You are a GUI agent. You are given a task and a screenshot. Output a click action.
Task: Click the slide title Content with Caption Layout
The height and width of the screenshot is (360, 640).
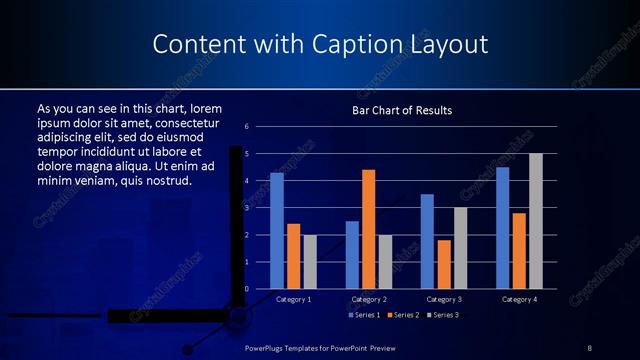[x=320, y=45]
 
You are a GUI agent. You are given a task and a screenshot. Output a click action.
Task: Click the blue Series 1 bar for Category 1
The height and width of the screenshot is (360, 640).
[x=277, y=231]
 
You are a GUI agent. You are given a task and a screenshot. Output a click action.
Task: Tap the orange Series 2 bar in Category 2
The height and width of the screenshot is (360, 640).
[x=368, y=229]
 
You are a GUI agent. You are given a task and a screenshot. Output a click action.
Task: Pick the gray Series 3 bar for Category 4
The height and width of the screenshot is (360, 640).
[x=536, y=221]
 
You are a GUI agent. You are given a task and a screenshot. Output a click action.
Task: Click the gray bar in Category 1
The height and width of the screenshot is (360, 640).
[x=310, y=262]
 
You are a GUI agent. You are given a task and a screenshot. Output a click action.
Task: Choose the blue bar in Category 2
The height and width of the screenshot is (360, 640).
[x=352, y=255]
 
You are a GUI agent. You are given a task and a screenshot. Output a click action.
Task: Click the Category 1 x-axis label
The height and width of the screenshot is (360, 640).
[x=293, y=299]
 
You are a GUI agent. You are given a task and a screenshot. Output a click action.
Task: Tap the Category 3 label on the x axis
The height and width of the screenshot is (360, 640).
[x=443, y=299]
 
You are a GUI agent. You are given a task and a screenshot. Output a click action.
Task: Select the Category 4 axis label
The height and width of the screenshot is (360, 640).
[x=519, y=299]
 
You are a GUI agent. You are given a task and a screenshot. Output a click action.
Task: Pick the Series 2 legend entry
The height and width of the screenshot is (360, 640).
[x=403, y=315]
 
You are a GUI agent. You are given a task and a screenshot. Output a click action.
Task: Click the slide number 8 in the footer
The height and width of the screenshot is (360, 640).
[x=590, y=347]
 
